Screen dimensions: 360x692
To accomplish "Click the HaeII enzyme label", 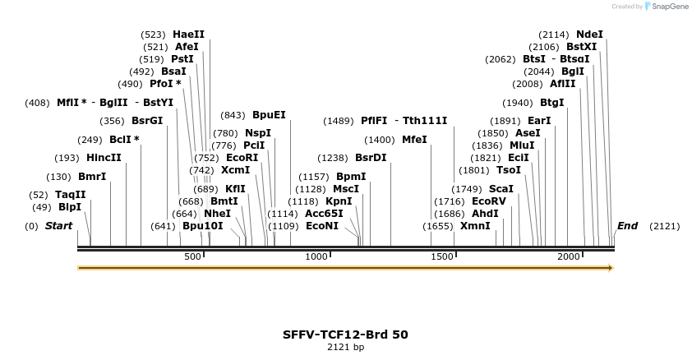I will [188, 35].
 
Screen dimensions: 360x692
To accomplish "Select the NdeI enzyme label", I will [589, 35].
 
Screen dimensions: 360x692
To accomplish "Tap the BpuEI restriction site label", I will [269, 115].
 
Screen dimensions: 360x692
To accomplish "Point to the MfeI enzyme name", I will [414, 140].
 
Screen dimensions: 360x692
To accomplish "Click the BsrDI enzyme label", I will [371, 158].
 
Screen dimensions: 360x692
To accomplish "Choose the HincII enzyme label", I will [104, 158].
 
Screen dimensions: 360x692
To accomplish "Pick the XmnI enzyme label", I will [475, 226].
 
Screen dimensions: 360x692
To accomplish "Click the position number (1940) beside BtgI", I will [518, 103].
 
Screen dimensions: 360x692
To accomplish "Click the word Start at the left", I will [58, 226].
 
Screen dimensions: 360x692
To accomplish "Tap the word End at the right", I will [627, 226].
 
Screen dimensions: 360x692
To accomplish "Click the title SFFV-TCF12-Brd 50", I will [345, 335].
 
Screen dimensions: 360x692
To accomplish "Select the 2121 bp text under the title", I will [345, 348].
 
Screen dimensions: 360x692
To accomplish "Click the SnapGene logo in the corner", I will [667, 6].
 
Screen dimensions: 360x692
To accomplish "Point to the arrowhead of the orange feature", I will [610, 268].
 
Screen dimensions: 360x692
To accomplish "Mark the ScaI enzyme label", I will [501, 189].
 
